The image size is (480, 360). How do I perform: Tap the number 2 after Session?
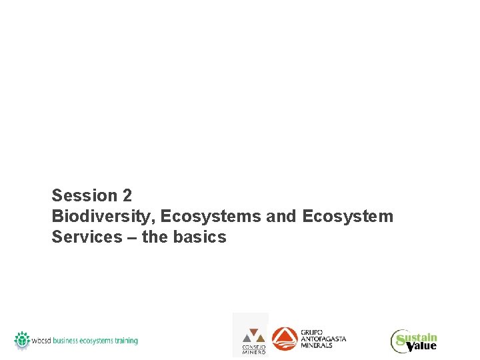[x=127, y=196]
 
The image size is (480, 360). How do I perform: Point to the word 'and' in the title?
[x=281, y=217]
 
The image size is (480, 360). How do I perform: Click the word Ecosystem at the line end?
[x=347, y=217]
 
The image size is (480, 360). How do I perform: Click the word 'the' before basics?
[x=155, y=237]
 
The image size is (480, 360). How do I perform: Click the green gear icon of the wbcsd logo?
[x=23, y=339]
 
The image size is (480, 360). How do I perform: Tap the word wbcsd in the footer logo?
[x=42, y=341]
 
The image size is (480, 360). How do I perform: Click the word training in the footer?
[x=122, y=341]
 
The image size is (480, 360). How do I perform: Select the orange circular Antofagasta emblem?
[x=285, y=338]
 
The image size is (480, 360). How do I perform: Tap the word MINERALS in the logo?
[x=316, y=346]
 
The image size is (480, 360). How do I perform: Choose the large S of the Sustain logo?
[x=400, y=341]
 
